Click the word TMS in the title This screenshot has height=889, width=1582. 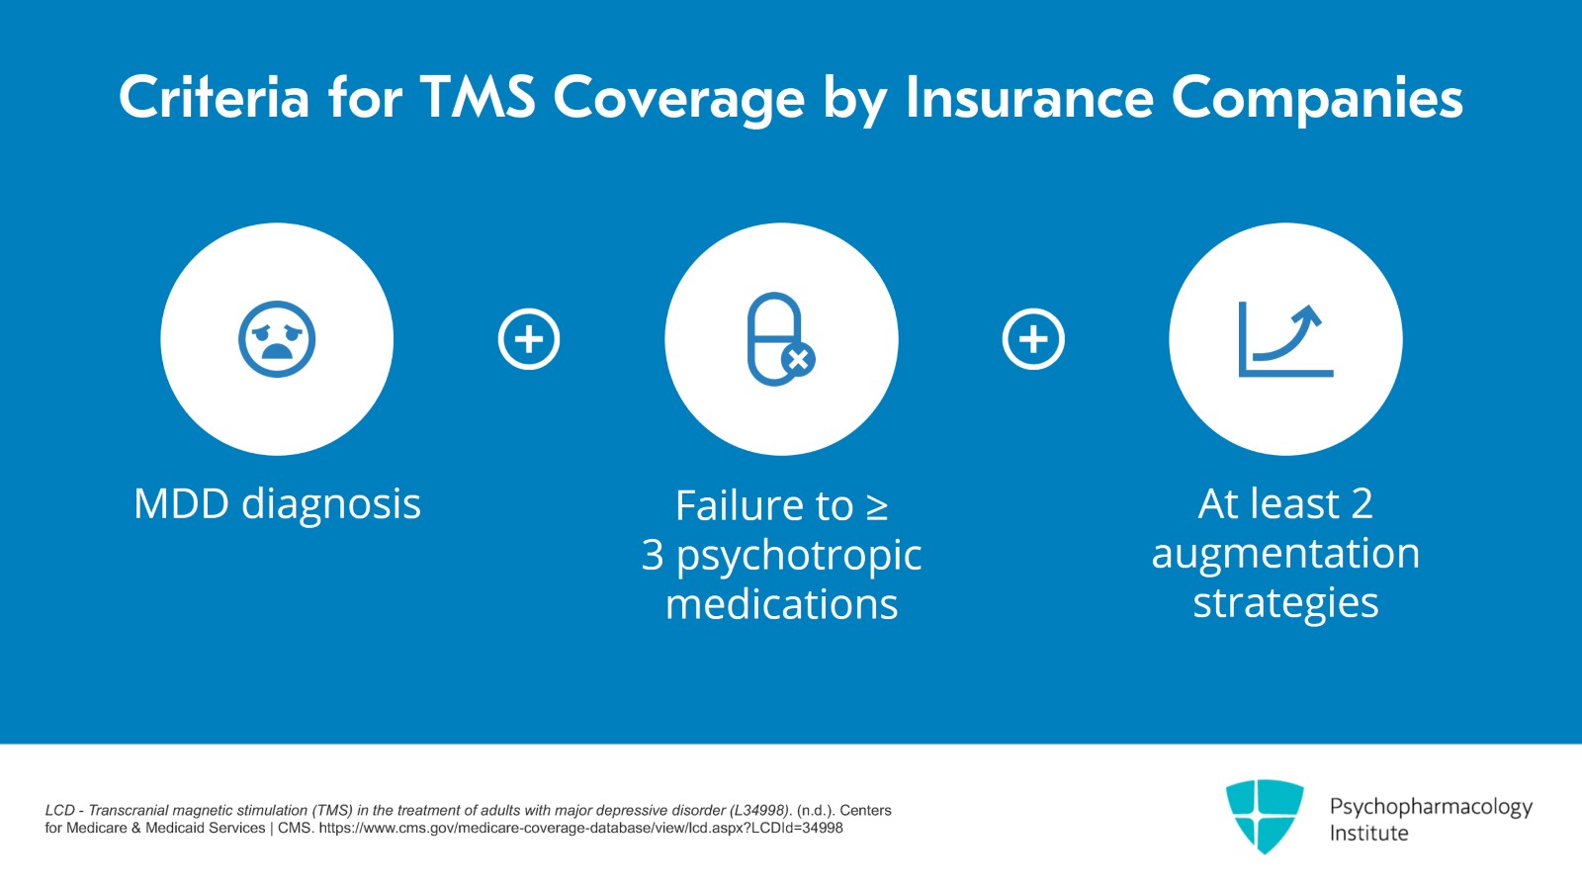[478, 98]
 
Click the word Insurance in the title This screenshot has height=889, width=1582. [1029, 98]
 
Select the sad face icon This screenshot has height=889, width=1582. [277, 339]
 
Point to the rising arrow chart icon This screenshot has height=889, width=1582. [1285, 339]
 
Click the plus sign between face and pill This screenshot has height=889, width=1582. [529, 339]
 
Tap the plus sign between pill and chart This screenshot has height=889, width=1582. [1033, 339]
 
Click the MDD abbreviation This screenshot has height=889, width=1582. [181, 504]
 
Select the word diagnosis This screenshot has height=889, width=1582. [331, 505]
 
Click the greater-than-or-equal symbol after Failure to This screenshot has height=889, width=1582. [877, 507]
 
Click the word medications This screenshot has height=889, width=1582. [781, 604]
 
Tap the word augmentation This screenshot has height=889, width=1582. [1285, 555]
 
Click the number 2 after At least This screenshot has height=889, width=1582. [1362, 504]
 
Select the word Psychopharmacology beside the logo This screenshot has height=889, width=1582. [1431, 807]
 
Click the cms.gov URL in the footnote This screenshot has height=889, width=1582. [580, 829]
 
